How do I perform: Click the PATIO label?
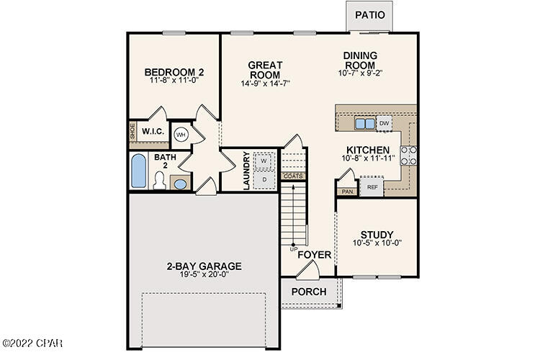coord(369,14)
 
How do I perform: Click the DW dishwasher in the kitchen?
coord(384,124)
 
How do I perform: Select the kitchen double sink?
coord(365,124)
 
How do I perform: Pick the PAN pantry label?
coord(346,192)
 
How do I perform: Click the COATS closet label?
coord(293,176)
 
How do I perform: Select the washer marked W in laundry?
coord(264,161)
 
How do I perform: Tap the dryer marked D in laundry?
coord(264,178)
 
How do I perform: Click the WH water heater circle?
coord(181,134)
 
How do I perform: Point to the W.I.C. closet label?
coord(153,132)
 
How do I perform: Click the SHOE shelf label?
coord(132,132)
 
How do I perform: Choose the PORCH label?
coord(308,292)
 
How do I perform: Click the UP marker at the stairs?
coord(293,249)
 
